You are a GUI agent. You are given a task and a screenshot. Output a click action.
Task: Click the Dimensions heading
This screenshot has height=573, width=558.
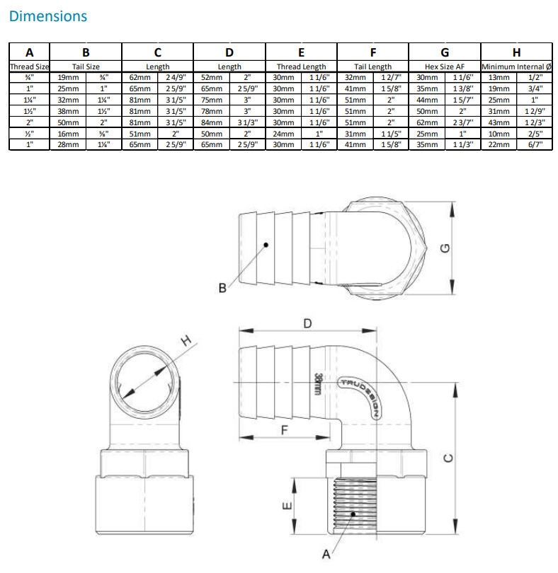point(49,16)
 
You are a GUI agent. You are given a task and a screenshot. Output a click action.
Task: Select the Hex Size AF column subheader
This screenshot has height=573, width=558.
point(444,66)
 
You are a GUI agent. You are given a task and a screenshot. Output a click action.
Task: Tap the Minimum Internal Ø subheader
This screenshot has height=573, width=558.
point(516,66)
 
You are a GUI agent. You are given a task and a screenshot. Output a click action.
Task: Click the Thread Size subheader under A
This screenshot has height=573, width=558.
point(29,66)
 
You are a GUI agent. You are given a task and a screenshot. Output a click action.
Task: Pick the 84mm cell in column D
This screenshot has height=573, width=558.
point(212,122)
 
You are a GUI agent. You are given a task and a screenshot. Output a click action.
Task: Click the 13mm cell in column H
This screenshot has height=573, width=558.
point(499,77)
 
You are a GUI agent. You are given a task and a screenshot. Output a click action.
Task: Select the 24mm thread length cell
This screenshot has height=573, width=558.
point(284,133)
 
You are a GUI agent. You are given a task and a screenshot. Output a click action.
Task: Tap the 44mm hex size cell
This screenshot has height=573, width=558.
point(427,100)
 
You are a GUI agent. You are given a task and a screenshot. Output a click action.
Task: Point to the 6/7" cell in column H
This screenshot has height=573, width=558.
point(535,144)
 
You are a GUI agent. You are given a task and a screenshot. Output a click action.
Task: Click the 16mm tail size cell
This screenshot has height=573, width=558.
point(68,133)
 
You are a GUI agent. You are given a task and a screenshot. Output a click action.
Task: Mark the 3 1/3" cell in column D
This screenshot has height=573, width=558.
point(247,122)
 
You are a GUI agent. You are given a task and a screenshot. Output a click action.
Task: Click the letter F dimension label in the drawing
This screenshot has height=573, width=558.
point(285,429)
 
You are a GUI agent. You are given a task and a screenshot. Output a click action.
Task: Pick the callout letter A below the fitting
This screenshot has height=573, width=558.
point(326,554)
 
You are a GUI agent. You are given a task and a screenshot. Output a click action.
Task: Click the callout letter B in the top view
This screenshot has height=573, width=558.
point(222,288)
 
